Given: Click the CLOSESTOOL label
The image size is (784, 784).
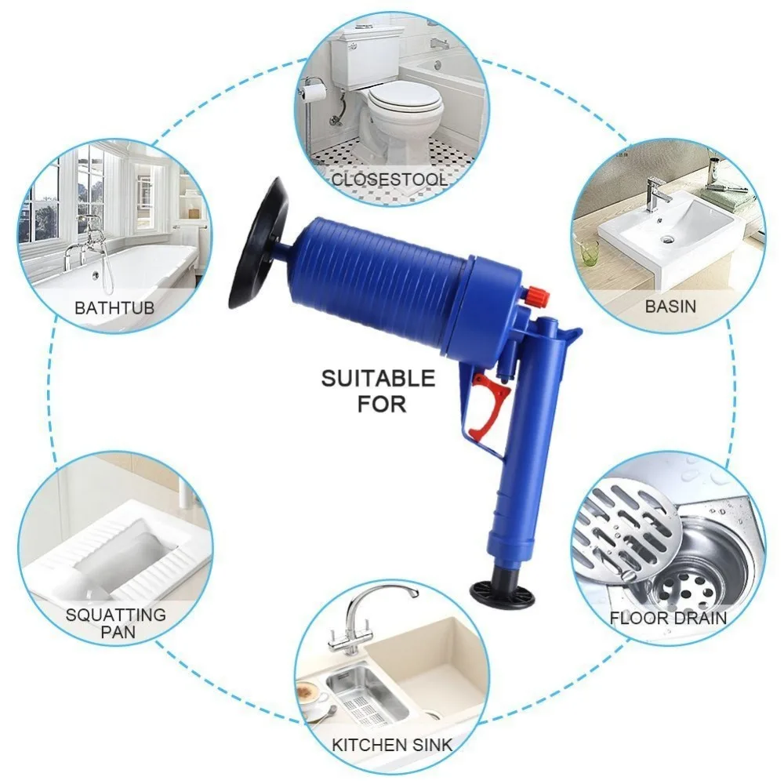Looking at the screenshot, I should pos(390,179).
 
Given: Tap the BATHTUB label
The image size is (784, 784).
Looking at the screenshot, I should pos(114,307).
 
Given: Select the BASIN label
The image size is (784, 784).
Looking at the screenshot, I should pos(670,306).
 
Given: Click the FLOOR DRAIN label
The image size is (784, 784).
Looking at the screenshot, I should pos(668,618).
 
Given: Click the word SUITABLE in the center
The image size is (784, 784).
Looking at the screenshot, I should pos(378,379).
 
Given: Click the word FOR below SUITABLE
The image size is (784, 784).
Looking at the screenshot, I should pos(382,405).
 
